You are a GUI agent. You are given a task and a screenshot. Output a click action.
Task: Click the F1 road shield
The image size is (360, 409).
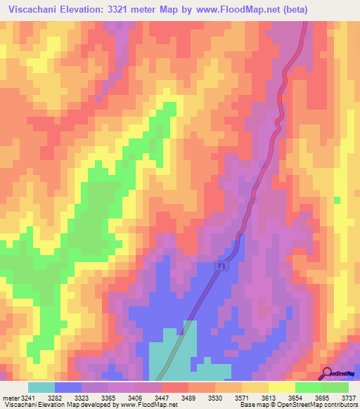pyautogui.click(x=221, y=266)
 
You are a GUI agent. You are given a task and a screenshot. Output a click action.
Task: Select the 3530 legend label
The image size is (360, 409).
pyautogui.click(x=238, y=398)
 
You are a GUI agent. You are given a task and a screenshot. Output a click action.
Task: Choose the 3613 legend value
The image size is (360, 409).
pyautogui.click(x=297, y=398)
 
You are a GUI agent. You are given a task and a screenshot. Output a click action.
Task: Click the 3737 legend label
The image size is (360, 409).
pyautogui.click(x=349, y=398)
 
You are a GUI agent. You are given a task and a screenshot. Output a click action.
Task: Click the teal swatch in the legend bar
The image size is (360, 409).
pyautogui.click(x=41, y=387)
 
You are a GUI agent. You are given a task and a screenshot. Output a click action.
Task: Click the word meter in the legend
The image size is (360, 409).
pyautogui.click(x=11, y=398)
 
